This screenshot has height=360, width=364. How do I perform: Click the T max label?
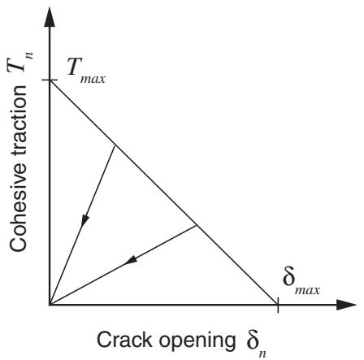point(86,71)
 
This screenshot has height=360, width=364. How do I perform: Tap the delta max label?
point(301,283)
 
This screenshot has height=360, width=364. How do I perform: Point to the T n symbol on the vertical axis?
point(20,62)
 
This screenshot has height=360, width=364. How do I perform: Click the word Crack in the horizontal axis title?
point(124,340)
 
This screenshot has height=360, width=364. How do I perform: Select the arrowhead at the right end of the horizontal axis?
point(346,305)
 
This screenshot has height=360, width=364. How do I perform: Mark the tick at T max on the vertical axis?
point(50,80)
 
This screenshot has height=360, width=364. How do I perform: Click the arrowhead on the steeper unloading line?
point(85,221)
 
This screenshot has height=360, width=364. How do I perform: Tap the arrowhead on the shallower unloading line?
point(131,261)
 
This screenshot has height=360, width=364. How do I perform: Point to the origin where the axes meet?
point(50,305)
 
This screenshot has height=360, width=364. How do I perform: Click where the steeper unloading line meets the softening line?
point(115,146)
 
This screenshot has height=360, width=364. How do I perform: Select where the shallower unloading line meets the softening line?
point(196,225)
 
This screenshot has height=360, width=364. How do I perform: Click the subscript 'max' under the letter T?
point(93,79)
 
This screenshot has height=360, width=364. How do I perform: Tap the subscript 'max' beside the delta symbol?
point(308,291)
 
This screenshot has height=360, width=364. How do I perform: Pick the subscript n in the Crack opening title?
point(262,353)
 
